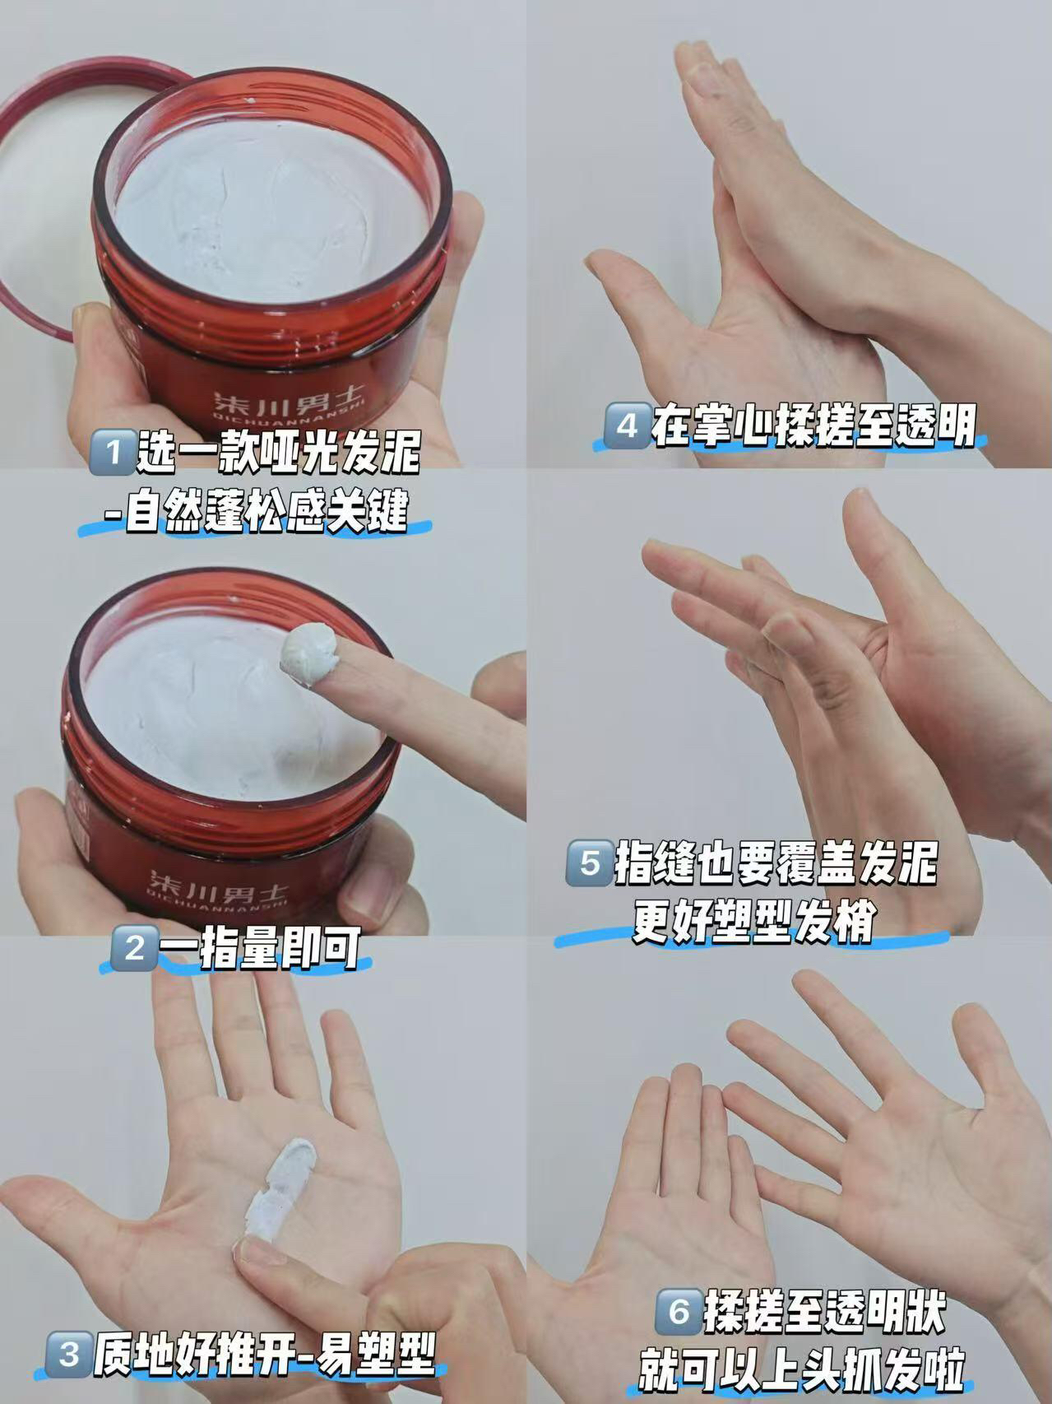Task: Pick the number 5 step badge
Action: point(589,862)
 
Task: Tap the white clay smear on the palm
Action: point(277,1183)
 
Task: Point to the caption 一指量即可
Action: point(261,948)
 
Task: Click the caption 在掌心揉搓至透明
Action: point(814,426)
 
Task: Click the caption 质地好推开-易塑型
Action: point(263,1354)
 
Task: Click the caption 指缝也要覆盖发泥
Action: point(776,862)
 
